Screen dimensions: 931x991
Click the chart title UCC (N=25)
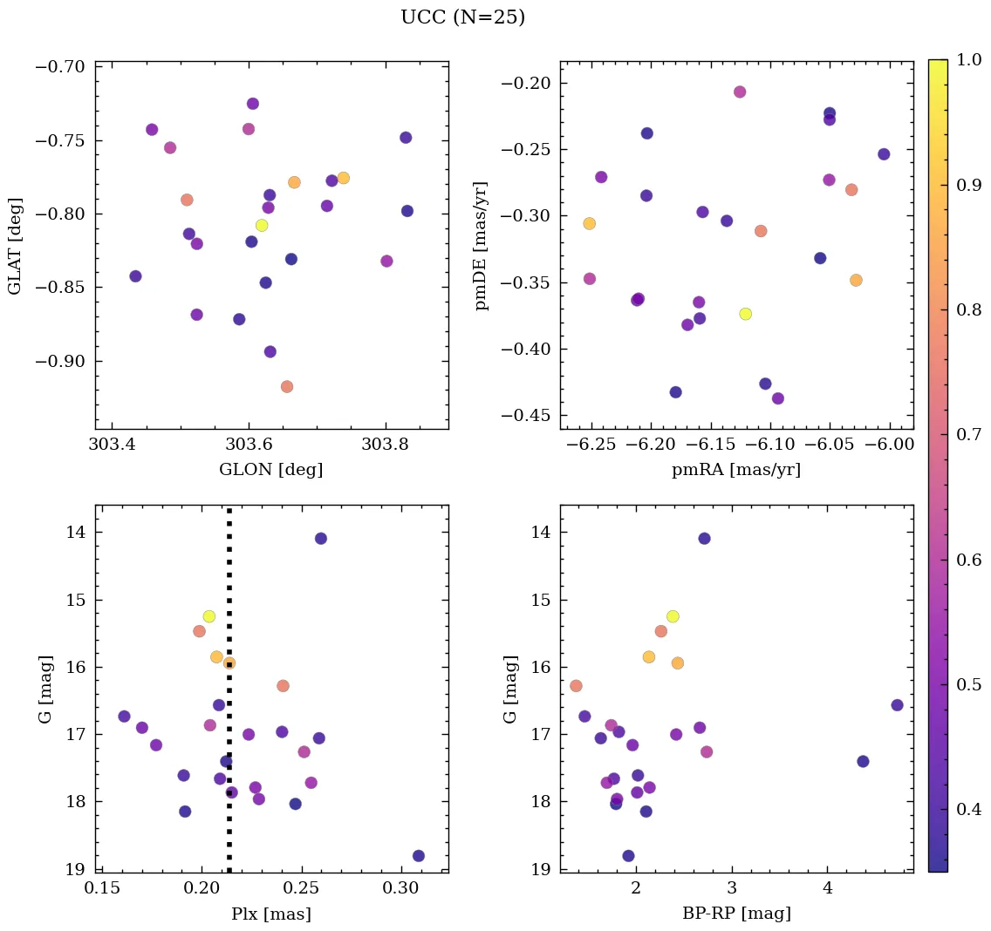[x=462, y=17]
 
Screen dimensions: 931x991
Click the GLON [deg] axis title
[x=271, y=470]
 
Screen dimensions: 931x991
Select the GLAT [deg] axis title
[x=15, y=246]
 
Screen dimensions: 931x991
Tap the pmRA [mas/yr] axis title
[x=736, y=470]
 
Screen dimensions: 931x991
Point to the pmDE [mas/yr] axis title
[x=481, y=246]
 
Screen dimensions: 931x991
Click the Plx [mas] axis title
[x=271, y=914]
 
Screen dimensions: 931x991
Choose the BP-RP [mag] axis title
[x=736, y=914]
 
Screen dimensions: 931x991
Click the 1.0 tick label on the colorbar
[x=970, y=59]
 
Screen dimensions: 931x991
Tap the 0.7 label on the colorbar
[x=970, y=434]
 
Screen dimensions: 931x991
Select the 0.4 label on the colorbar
[x=970, y=810]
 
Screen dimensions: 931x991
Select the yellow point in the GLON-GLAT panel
[x=262, y=226]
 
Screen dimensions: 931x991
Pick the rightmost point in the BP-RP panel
[x=897, y=705]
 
